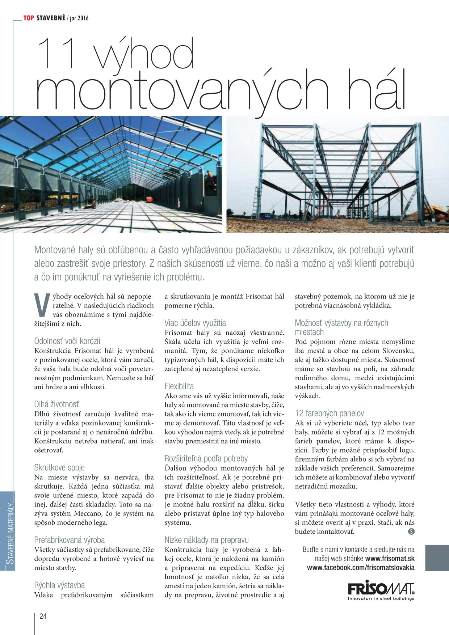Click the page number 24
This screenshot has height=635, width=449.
[43, 616]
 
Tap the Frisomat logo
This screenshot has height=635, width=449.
[381, 590]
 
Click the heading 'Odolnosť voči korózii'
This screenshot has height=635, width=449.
[67, 341]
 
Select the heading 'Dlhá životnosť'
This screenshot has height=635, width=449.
[56, 404]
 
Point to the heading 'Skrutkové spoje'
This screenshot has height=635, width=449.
[59, 467]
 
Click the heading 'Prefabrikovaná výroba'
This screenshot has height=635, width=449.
[70, 540]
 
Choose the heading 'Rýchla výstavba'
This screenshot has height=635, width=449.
[59, 585]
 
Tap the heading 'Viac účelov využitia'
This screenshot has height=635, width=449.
[195, 323]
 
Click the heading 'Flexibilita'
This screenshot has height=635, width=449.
[179, 386]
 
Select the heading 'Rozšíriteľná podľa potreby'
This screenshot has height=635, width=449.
[206, 458]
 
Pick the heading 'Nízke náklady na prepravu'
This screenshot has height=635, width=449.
[207, 540]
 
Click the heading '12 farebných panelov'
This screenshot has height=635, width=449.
[329, 413]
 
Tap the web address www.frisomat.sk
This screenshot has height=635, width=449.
[390, 559]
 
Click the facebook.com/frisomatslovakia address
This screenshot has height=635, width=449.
[361, 568]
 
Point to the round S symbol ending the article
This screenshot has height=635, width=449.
[411, 532]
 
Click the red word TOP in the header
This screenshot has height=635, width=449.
[29, 18]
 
